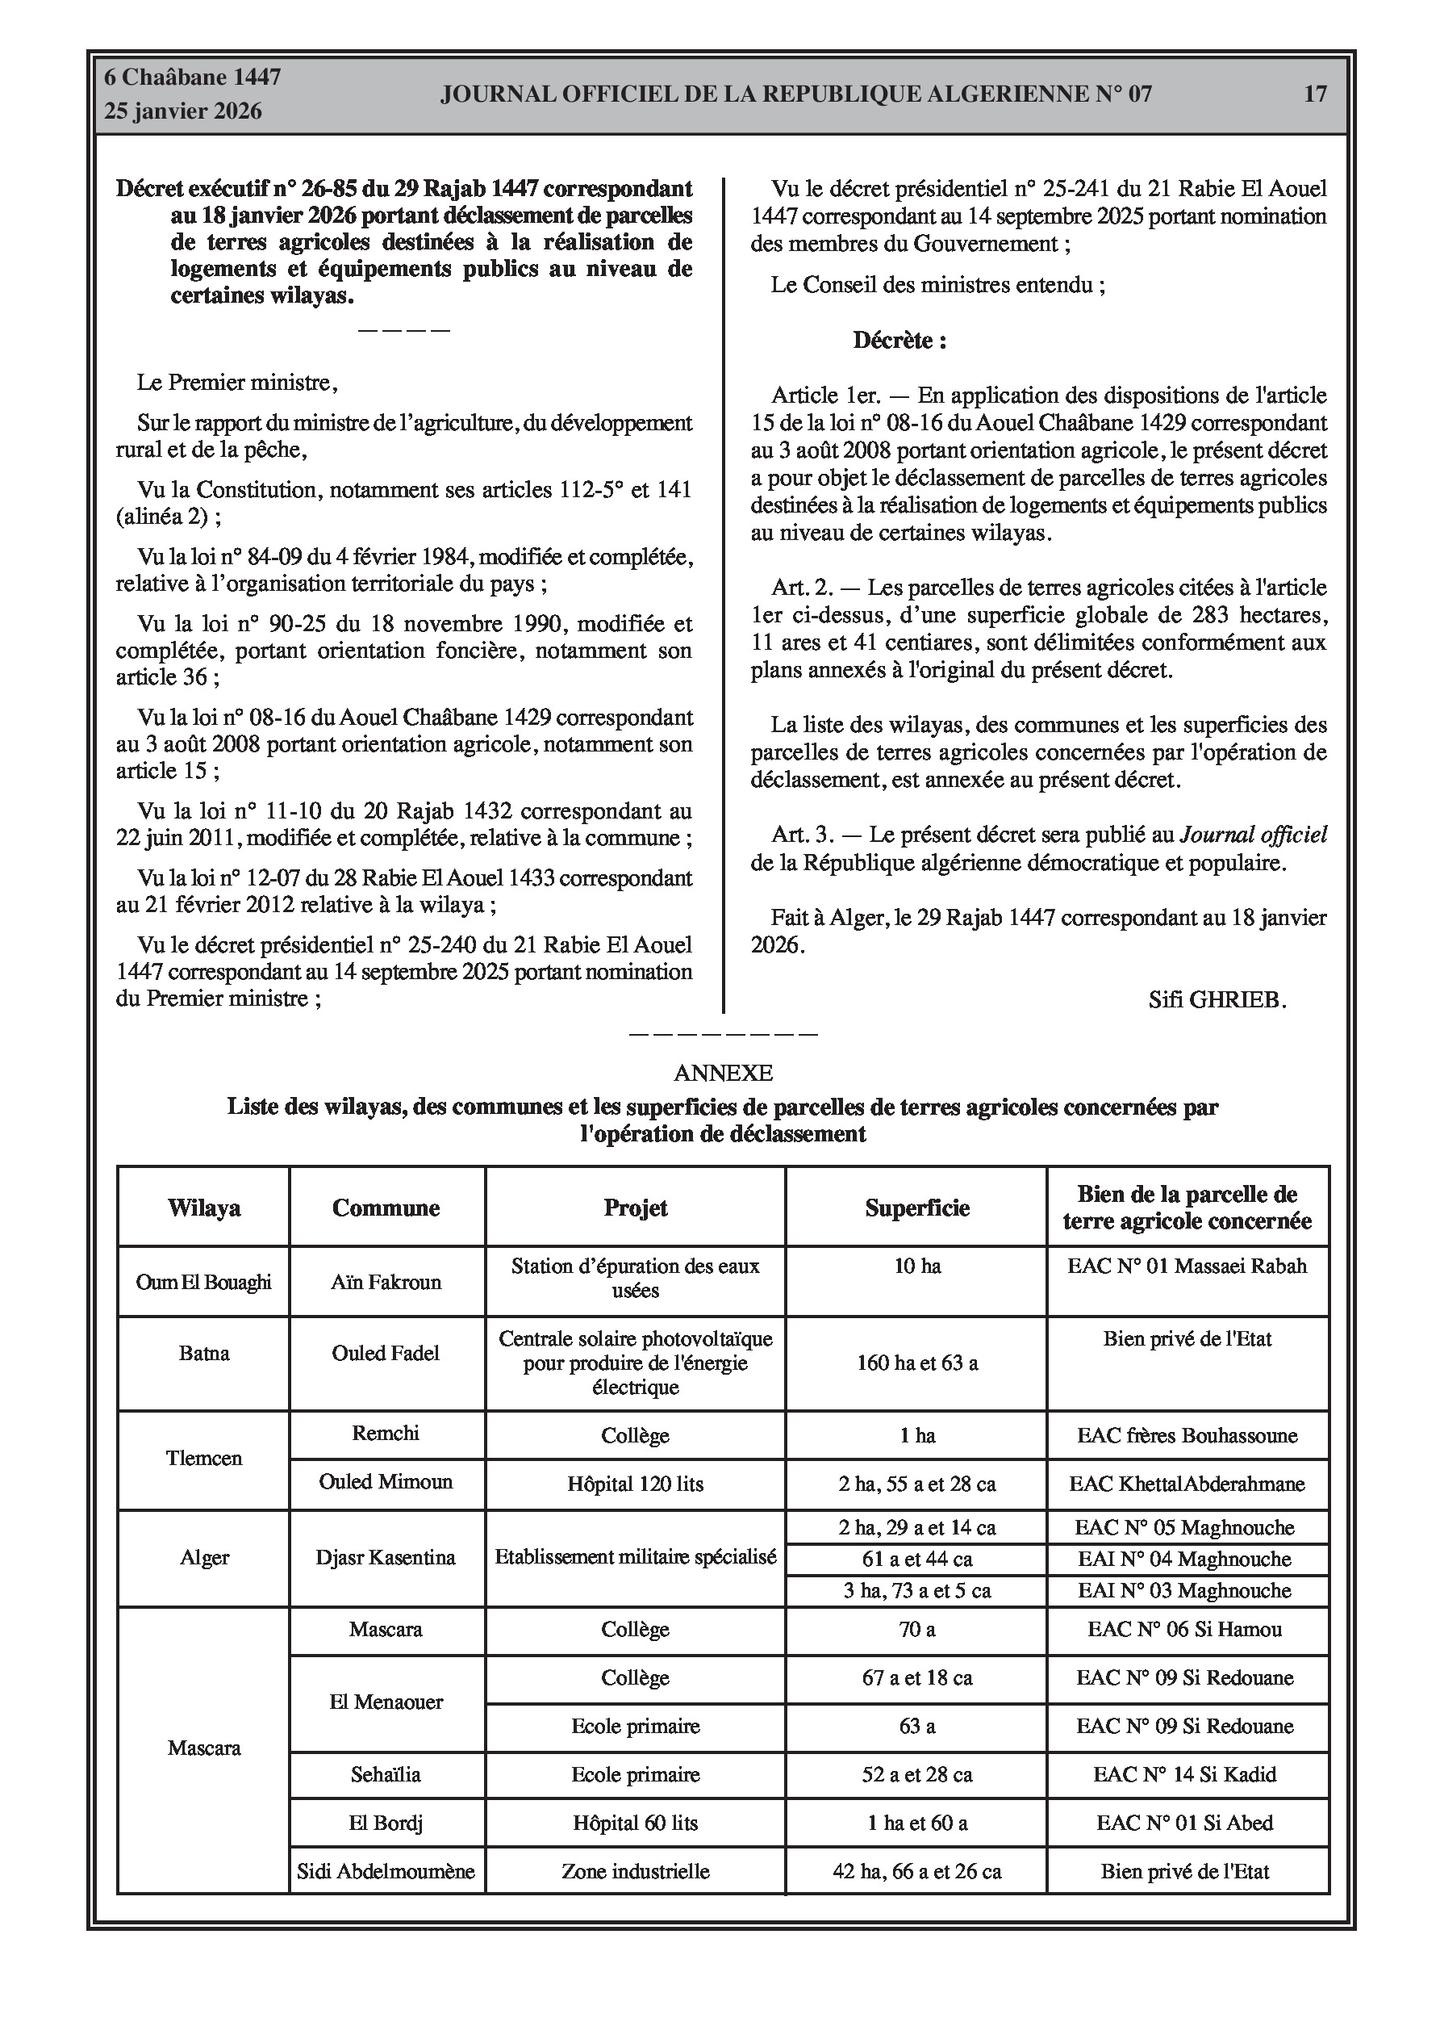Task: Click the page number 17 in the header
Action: pyautogui.click(x=1315, y=94)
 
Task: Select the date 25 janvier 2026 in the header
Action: pyautogui.click(x=183, y=111)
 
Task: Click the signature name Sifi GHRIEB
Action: pyautogui.click(x=1217, y=1000)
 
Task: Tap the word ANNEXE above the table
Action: pyautogui.click(x=723, y=1073)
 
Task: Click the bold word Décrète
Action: pyautogui.click(x=899, y=340)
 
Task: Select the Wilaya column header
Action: pyautogui.click(x=203, y=1208)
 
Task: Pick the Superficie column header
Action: pyautogui.click(x=916, y=1208)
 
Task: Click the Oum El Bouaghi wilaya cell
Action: pyautogui.click(x=203, y=1283)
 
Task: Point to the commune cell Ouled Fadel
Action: pyautogui.click(x=386, y=1354)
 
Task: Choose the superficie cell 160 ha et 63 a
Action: pyautogui.click(x=916, y=1363)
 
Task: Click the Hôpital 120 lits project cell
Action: pyautogui.click(x=635, y=1484)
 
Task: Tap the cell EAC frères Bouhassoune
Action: pyautogui.click(x=1187, y=1436)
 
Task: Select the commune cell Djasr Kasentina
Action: pyautogui.click(x=386, y=1558)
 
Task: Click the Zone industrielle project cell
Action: pyautogui.click(x=635, y=1872)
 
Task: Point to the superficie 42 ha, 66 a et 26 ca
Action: pyautogui.click(x=916, y=1872)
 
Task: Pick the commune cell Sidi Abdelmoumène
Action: pyautogui.click(x=386, y=1872)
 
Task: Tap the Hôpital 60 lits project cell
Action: pyautogui.click(x=635, y=1824)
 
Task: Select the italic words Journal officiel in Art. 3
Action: pyautogui.click(x=1253, y=835)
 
